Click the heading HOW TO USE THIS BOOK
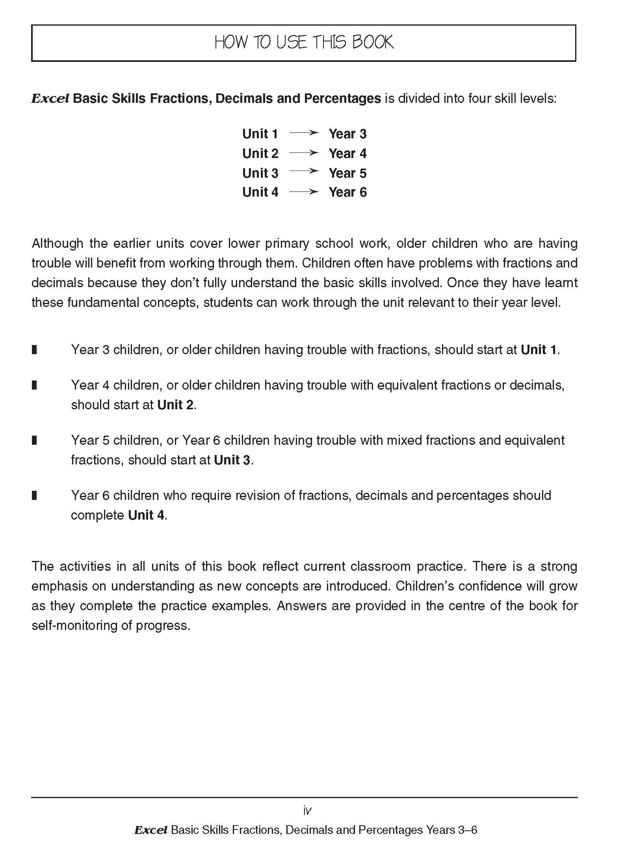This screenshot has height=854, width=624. pos(304,42)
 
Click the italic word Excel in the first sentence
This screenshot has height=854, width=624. pos(50,99)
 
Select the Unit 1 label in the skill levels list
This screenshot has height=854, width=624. pos(260,134)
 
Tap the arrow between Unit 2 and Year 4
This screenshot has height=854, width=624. pos(304,153)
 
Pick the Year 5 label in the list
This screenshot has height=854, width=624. pos(347,173)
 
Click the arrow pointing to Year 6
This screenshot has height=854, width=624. pos(304,192)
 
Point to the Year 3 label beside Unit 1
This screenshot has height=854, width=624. pos(347,134)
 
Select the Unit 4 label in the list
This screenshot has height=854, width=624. pos(260,192)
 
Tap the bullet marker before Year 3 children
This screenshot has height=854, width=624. pos(35,349)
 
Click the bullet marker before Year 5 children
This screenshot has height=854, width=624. pos(35,440)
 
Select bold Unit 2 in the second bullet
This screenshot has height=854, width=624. pos(175,405)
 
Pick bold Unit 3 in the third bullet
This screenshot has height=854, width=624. pos(232,460)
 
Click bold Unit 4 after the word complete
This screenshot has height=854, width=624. pos(146,515)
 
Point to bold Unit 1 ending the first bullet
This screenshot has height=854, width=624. pos(539,349)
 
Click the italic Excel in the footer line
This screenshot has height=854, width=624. pos(150,830)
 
